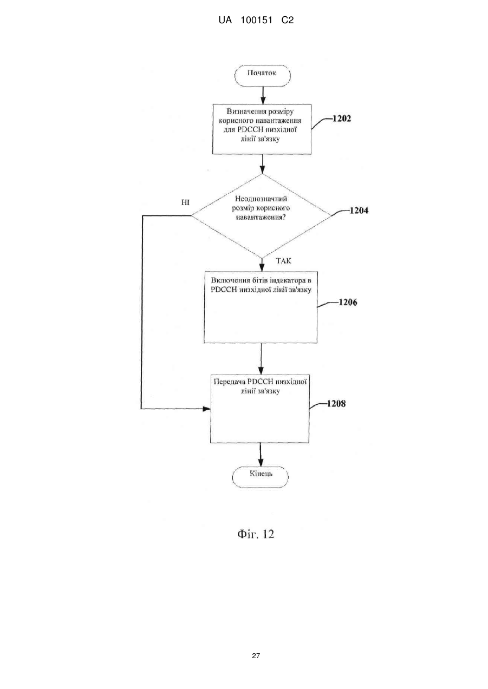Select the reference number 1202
click(x=341, y=119)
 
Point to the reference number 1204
click(x=359, y=211)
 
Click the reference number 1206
click(x=348, y=303)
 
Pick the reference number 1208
click(x=336, y=404)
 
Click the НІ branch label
click(x=185, y=203)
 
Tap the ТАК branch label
click(x=284, y=261)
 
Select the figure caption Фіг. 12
click(x=256, y=534)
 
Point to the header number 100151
click(x=256, y=21)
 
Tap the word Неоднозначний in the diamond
click(x=261, y=199)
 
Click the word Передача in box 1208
click(x=229, y=382)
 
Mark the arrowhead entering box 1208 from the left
click(x=207, y=409)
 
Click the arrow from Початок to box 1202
click(x=263, y=95)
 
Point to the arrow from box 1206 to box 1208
click(x=261, y=359)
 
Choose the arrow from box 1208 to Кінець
click(x=261, y=455)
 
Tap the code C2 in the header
click(x=288, y=21)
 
